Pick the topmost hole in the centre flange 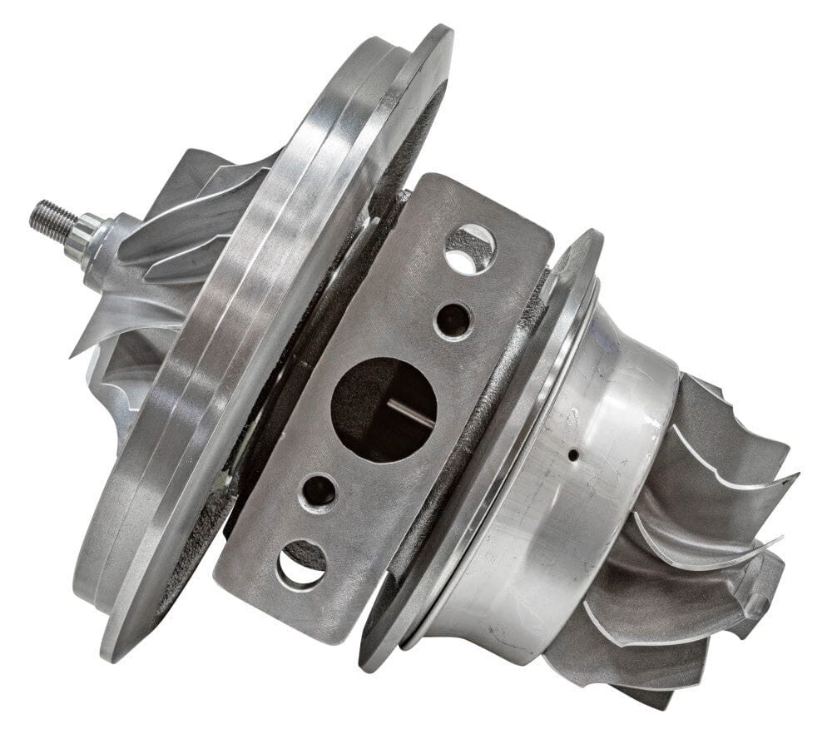471,248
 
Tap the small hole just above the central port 453,320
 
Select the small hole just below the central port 319,492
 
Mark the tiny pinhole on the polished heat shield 573,455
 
